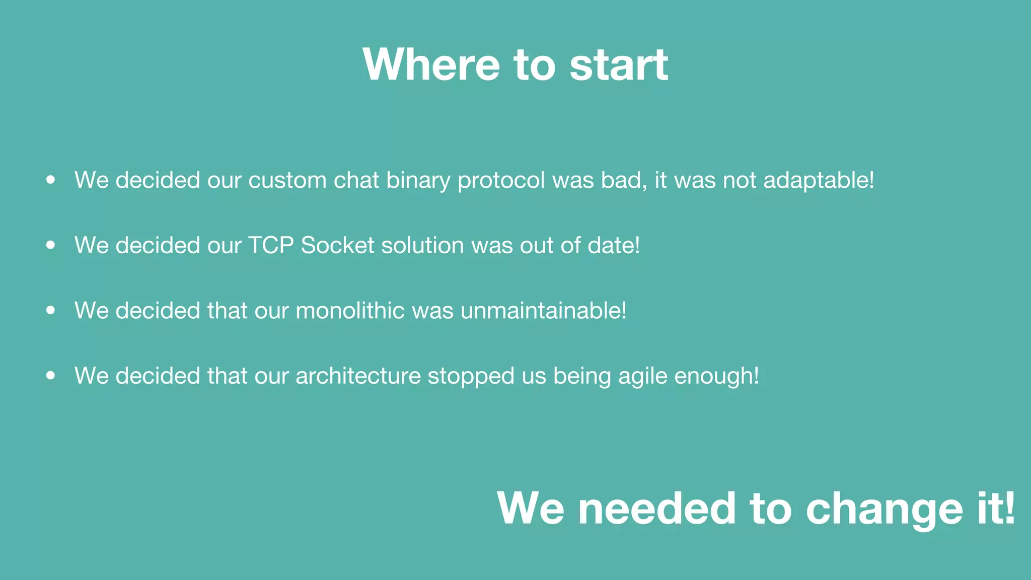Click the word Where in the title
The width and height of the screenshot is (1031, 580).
click(431, 64)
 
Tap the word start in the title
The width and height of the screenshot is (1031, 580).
click(619, 64)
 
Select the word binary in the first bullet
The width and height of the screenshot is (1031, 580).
click(418, 180)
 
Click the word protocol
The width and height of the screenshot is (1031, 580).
click(501, 180)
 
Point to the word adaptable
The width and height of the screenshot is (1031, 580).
click(818, 180)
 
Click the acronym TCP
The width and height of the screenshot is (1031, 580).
click(271, 245)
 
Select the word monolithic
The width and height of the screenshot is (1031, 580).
click(350, 310)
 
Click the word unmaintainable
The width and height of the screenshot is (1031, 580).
click(543, 310)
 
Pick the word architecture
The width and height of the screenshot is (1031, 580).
click(358, 376)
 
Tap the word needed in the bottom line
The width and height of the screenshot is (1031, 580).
click(657, 509)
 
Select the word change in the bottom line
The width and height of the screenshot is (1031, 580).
click(884, 509)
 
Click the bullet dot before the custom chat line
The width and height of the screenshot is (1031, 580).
click(50, 180)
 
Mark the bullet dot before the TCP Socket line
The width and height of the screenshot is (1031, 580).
click(50, 245)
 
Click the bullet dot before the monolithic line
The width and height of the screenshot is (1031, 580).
click(50, 310)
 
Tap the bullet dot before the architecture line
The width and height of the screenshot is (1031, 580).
click(50, 376)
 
